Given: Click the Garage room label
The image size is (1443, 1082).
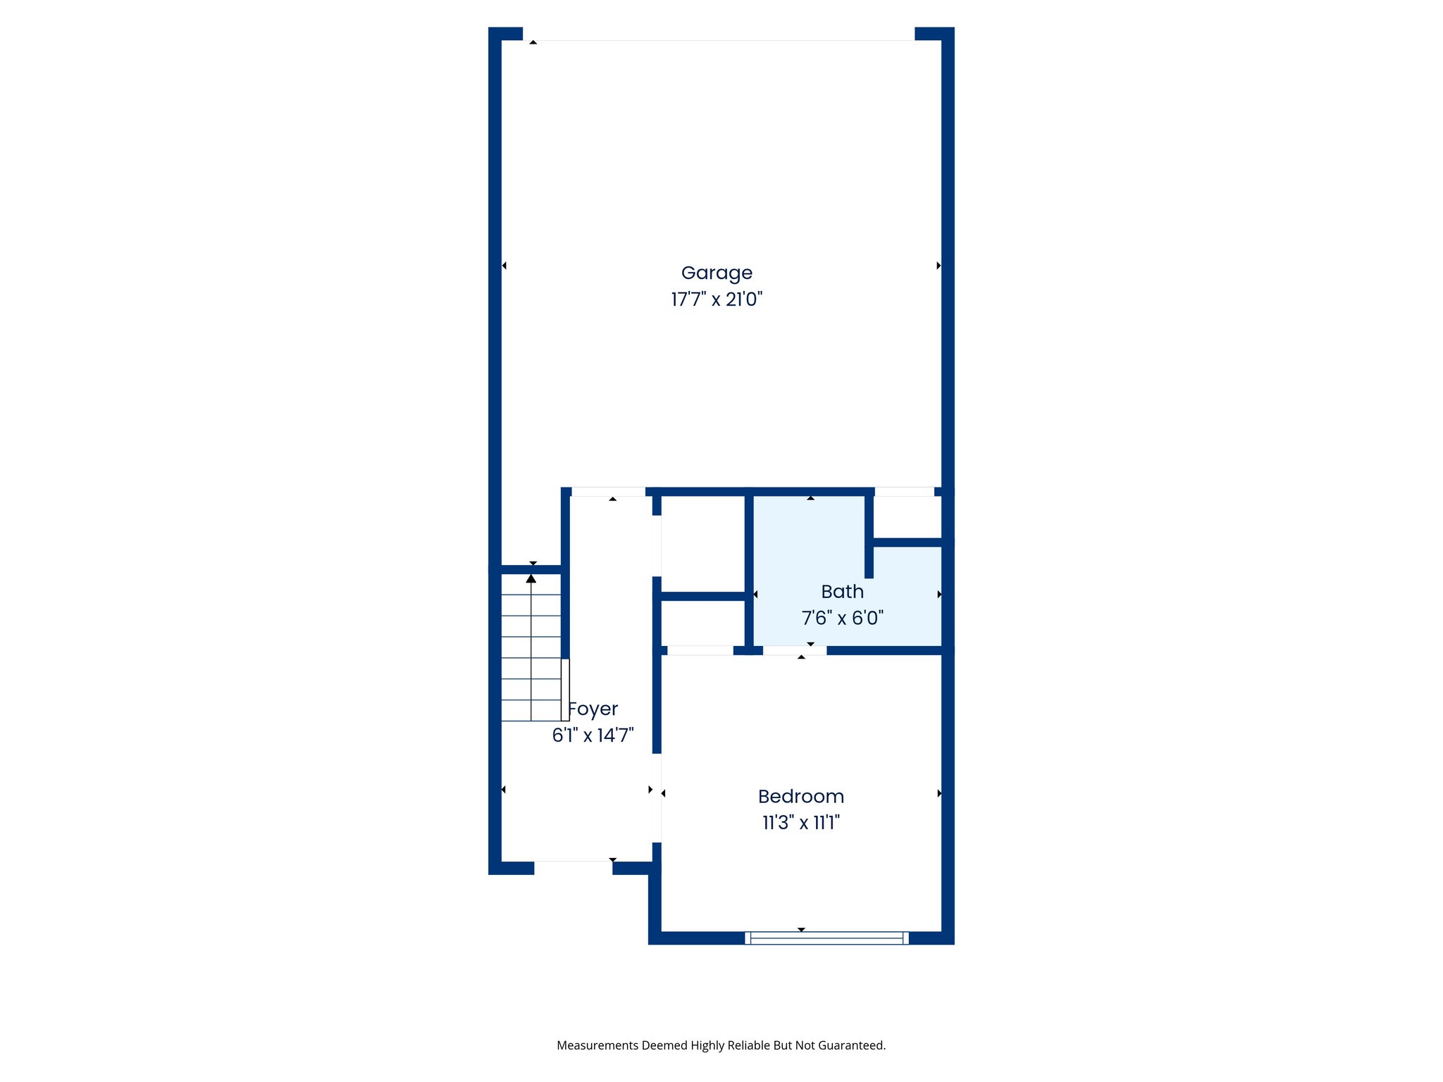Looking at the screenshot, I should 717,273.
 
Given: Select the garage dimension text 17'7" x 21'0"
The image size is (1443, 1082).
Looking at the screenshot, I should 717,299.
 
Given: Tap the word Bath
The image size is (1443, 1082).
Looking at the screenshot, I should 842,592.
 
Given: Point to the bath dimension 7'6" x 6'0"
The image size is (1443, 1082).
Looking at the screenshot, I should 842,618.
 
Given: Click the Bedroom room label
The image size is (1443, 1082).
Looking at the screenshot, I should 800,796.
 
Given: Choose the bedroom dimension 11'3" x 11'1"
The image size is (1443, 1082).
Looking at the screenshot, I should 800,822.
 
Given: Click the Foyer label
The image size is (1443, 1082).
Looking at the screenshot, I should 593,709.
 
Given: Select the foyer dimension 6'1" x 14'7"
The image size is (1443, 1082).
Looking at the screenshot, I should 593,735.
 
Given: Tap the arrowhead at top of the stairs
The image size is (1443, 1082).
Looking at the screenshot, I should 531,579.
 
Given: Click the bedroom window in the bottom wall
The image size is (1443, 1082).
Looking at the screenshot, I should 826,938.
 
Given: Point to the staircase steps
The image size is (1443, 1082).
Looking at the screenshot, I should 531,648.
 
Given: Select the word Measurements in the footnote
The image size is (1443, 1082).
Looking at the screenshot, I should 597,1045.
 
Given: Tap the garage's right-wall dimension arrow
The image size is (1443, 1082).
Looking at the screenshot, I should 939,266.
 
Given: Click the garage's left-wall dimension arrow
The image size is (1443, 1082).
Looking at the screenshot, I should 504,266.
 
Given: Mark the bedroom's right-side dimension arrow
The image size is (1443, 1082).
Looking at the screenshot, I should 939,793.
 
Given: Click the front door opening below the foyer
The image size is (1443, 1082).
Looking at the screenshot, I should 573,866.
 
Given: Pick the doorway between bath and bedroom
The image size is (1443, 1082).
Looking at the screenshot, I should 794,650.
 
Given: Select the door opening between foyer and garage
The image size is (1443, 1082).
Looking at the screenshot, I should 608,492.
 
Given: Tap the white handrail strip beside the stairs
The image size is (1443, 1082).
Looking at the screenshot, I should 565,690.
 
